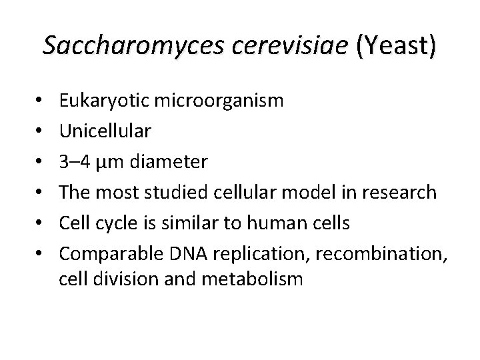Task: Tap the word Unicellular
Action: (104, 131)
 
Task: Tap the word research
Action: (400, 193)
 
